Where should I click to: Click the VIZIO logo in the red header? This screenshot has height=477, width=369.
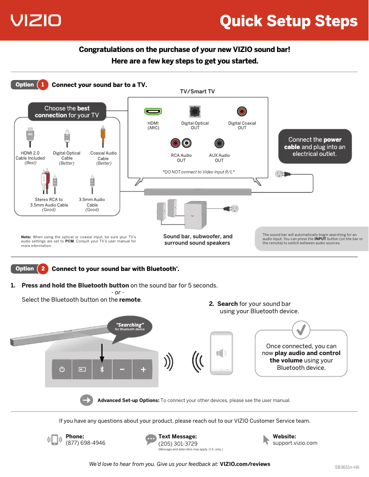36,20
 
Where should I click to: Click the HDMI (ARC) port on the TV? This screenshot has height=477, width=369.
153,111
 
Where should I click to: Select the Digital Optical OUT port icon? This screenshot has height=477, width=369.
195,111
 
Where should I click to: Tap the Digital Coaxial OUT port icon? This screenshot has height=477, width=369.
242,111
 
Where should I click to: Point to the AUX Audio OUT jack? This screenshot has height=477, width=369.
219,144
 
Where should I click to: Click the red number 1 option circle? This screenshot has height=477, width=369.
43,85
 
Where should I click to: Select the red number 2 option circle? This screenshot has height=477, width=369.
43,269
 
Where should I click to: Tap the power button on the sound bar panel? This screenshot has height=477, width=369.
62,369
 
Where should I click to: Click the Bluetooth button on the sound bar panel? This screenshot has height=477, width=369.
102,369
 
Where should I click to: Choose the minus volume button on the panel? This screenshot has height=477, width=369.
122,369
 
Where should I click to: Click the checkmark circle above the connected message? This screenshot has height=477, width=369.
301,329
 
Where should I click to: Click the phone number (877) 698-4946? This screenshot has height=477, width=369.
85,443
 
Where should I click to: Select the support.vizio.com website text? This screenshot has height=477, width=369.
295,443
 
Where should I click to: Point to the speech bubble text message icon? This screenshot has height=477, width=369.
151,439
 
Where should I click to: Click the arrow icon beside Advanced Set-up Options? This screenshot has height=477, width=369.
86,400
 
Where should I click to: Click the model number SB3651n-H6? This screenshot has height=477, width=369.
347,467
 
